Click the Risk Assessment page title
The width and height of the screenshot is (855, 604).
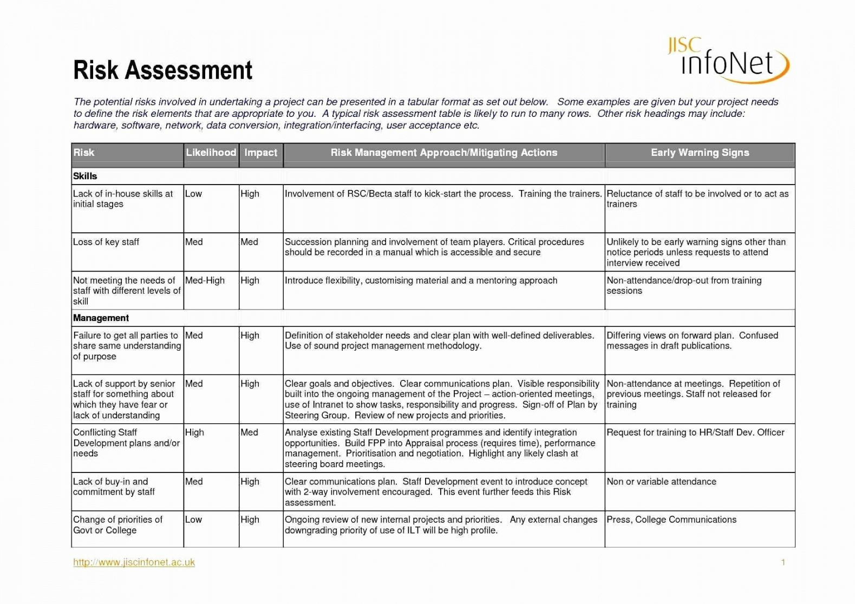pyautogui.click(x=162, y=70)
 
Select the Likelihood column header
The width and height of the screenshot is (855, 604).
pyautogui.click(x=211, y=153)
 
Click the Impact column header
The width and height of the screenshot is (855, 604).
pyautogui.click(x=260, y=153)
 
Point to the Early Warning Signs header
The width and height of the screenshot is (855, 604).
pyautogui.click(x=700, y=153)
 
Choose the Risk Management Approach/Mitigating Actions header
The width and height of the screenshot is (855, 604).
pyautogui.click(x=443, y=153)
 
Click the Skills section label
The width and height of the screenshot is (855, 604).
pyautogui.click(x=85, y=176)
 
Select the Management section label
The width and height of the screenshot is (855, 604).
pyautogui.click(x=101, y=318)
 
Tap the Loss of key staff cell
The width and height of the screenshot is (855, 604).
pyautogui.click(x=106, y=242)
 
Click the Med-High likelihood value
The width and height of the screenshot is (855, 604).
pyautogui.click(x=205, y=280)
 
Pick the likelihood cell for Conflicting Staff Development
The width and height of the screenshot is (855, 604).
pyautogui.click(x=194, y=432)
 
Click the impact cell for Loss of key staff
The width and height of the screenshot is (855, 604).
pyautogui.click(x=249, y=242)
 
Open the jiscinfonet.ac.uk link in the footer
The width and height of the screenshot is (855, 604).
pyautogui.click(x=134, y=562)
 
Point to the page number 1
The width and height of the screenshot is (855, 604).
pyautogui.click(x=782, y=562)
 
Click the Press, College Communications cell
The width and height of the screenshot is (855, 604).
pyautogui.click(x=671, y=520)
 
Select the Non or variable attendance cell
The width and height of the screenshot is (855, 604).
pyautogui.click(x=661, y=482)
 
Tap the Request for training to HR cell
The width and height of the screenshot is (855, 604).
pyautogui.click(x=695, y=432)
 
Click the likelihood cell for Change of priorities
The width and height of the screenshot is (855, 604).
pyautogui.click(x=193, y=520)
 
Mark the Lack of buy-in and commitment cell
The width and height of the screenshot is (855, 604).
pyautogui.click(x=114, y=487)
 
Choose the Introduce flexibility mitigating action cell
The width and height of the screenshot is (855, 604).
pyautogui.click(x=421, y=280)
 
